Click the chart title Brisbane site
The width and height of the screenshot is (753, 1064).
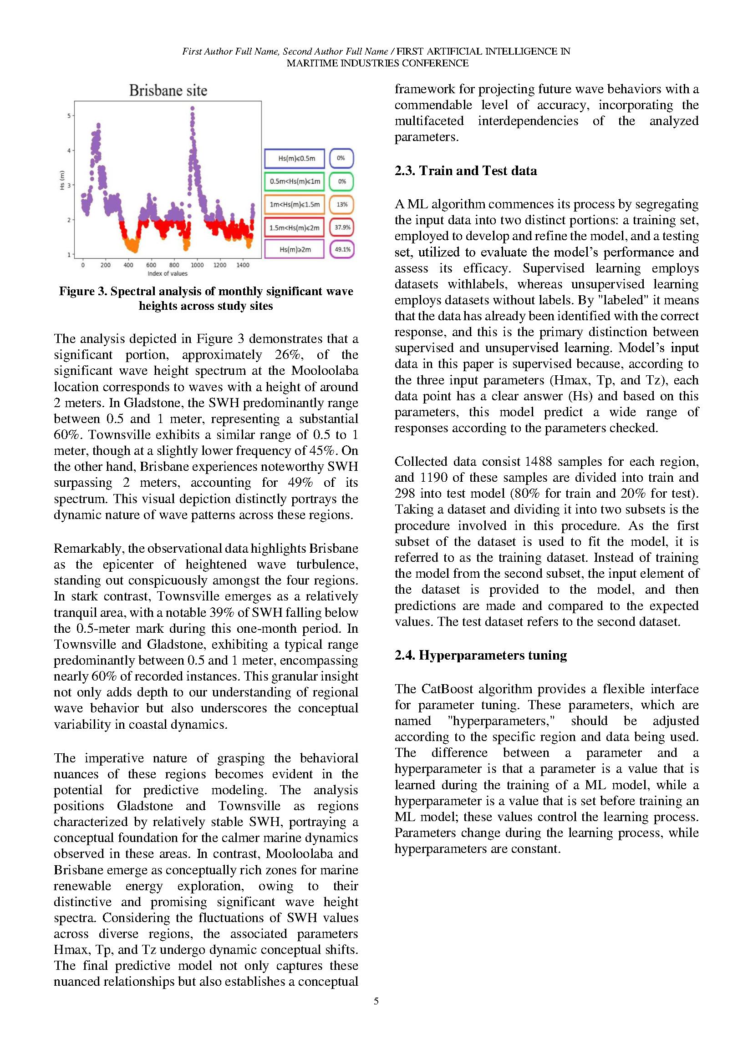168,91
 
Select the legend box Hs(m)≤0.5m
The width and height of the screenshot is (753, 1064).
295,158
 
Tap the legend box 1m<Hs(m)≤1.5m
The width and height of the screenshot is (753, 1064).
295,204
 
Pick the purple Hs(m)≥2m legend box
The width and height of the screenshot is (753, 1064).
295,249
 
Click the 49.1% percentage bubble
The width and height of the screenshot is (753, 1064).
342,249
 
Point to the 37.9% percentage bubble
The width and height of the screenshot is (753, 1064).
342,227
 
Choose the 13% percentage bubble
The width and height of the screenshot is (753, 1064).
342,204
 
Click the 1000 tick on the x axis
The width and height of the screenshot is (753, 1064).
197,265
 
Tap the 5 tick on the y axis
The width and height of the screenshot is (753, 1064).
69,116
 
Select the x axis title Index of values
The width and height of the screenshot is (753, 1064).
168,273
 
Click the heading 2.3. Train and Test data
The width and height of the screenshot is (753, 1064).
466,171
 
